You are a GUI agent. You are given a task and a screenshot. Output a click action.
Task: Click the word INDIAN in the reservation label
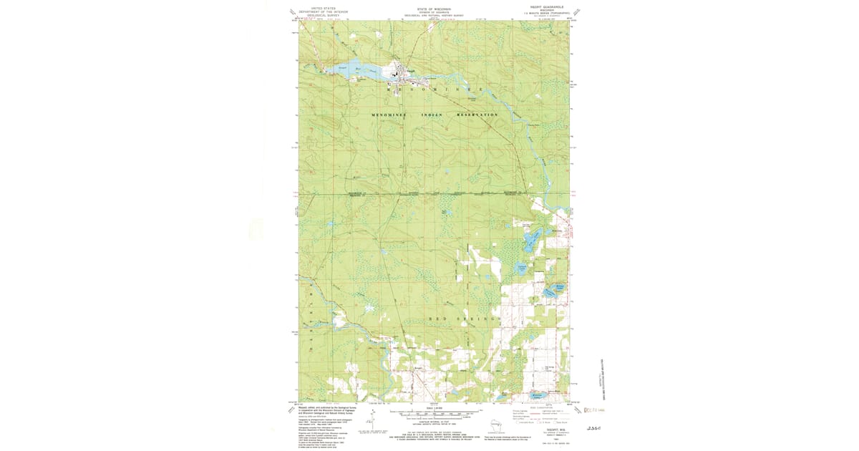(442, 115)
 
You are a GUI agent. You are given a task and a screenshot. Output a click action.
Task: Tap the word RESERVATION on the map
(480, 115)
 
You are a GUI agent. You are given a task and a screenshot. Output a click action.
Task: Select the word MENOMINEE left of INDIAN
(389, 115)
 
